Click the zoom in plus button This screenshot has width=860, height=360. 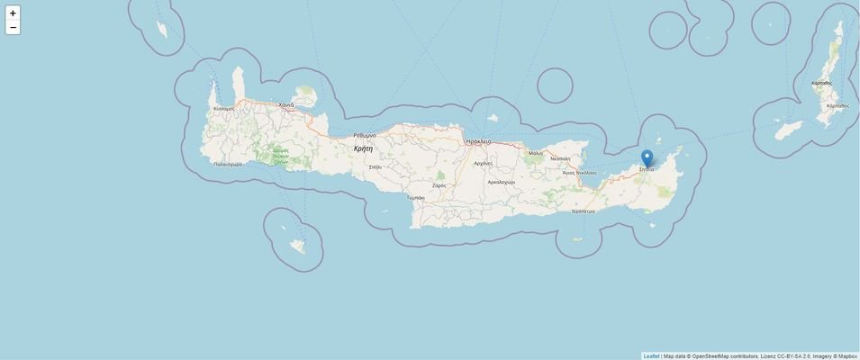13,13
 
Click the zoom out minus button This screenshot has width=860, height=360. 13,28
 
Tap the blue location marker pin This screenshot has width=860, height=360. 647,157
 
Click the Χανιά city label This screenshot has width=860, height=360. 286,105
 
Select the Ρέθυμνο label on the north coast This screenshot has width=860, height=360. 365,135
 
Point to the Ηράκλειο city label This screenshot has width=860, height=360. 479,141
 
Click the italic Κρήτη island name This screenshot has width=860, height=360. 363,148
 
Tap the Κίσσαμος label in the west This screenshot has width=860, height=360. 224,109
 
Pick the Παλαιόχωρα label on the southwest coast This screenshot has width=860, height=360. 228,164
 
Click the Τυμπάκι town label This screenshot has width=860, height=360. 416,197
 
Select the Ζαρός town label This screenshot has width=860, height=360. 439,185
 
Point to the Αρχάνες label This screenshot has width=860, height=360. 484,164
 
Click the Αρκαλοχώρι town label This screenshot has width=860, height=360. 502,182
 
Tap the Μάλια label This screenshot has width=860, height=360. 536,153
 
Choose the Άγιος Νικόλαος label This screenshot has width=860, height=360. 580,172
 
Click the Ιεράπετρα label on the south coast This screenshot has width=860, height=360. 584,211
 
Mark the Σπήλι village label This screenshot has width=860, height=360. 376,167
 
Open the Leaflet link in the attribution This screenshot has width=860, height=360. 651,356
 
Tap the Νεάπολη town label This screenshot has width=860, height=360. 560,158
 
